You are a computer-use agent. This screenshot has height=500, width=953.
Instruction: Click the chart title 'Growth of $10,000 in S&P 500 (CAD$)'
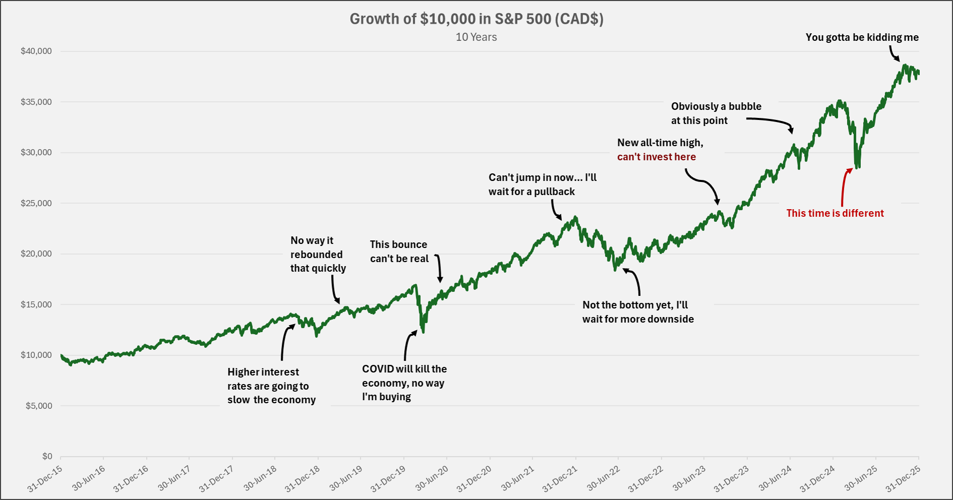tap(476, 19)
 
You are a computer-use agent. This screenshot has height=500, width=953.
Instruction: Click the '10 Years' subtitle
tap(476, 37)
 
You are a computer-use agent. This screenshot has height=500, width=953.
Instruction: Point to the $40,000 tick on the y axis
tap(36, 51)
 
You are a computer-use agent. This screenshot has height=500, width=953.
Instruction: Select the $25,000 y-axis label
tap(36, 203)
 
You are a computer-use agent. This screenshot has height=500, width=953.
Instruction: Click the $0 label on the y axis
tap(47, 456)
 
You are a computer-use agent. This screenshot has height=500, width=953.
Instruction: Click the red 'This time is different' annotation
tap(835, 213)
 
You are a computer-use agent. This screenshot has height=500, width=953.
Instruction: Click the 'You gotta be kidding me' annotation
tap(862, 37)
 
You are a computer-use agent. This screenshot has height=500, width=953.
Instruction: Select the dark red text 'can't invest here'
tap(656, 157)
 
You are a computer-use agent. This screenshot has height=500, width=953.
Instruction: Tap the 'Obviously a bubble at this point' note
tap(716, 113)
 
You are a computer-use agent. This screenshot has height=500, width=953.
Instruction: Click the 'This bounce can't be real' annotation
tap(399, 252)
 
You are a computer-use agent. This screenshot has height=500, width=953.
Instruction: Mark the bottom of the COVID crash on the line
tap(423, 332)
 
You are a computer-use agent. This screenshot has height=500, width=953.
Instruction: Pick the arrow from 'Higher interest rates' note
tap(284, 343)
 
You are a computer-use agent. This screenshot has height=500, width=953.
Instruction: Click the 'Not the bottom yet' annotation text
tap(638, 312)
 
